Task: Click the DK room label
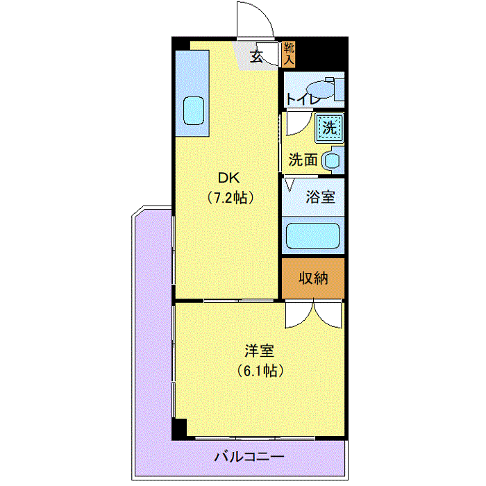tap(228, 178)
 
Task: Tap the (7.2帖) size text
tap(231, 197)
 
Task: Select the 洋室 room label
tap(260, 351)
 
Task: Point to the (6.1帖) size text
tap(260, 371)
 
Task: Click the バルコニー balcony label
tap(249, 457)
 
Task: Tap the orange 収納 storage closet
tap(313, 278)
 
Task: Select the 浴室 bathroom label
tap(321, 196)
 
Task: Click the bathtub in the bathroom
tap(312, 236)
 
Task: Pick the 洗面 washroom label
tap(303, 160)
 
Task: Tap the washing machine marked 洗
tap(330, 127)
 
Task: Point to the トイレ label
tap(303, 99)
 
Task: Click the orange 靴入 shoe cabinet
tap(289, 54)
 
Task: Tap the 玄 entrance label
tap(257, 56)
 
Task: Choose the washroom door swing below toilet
tap(304, 128)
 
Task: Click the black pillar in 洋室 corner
tap(179, 428)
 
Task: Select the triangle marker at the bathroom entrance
tap(290, 185)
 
